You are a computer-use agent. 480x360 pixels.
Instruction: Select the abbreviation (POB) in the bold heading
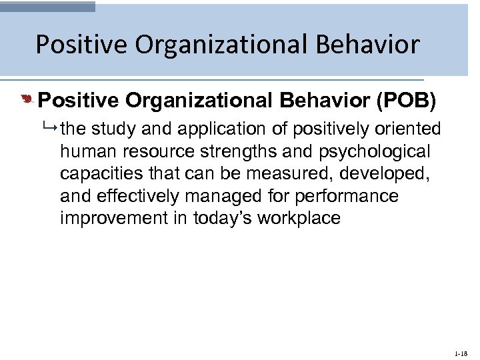pos(407,101)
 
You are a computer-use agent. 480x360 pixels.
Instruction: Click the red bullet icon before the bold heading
pos(27,101)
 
